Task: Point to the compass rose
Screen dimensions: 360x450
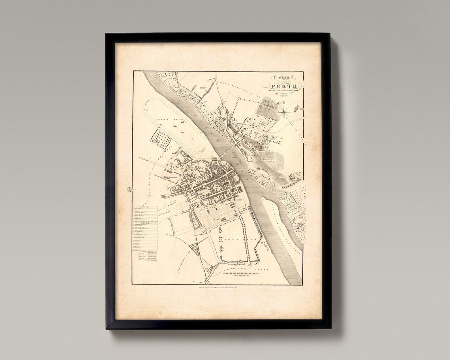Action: [x=283, y=110]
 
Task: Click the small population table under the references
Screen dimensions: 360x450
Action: [x=146, y=257]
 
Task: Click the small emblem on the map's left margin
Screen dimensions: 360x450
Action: [x=129, y=190]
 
